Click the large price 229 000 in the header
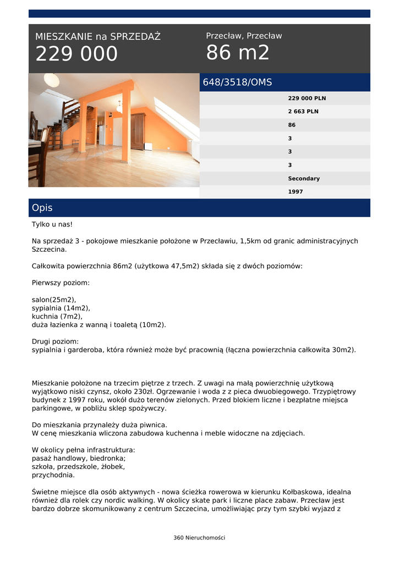pyautogui.click(x=76, y=54)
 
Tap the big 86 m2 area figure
pyautogui.click(x=238, y=53)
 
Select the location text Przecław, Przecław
pyautogui.click(x=244, y=36)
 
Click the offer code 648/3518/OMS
pyautogui.click(x=237, y=82)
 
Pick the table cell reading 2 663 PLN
pyautogui.click(x=303, y=112)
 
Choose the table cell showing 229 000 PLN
pyautogui.click(x=307, y=98)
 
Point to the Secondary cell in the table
pyautogui.click(x=303, y=179)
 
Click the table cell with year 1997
pyautogui.click(x=296, y=192)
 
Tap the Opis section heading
pyautogui.click(x=42, y=208)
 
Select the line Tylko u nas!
pyautogui.click(x=52, y=224)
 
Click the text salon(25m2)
pyautogui.click(x=54, y=300)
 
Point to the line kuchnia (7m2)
pyautogui.click(x=57, y=316)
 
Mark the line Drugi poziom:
pyautogui.click(x=55, y=341)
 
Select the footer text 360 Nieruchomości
pyautogui.click(x=199, y=538)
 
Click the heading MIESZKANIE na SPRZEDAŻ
pyautogui.click(x=98, y=37)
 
